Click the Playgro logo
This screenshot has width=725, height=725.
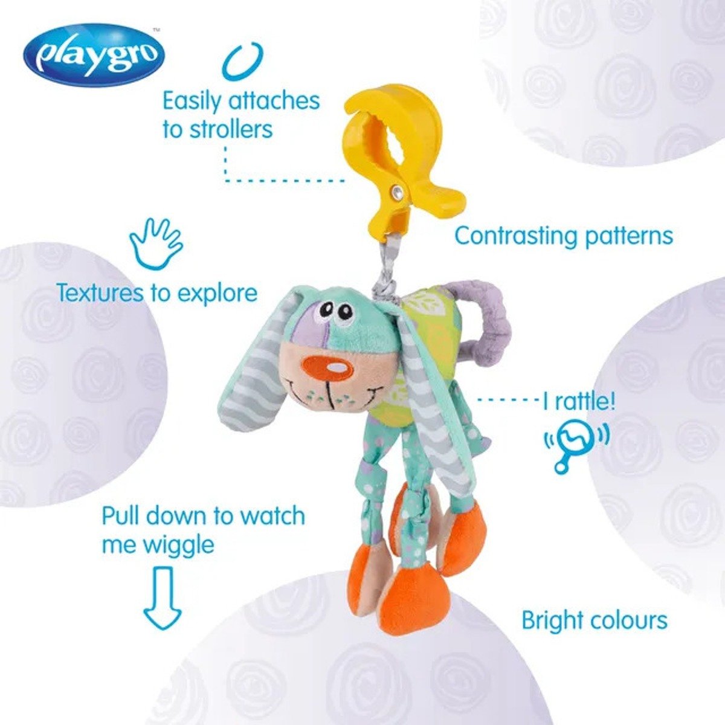[x=94, y=55]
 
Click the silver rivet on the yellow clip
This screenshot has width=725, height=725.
[x=398, y=193]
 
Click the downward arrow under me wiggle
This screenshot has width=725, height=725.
[x=163, y=599]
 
